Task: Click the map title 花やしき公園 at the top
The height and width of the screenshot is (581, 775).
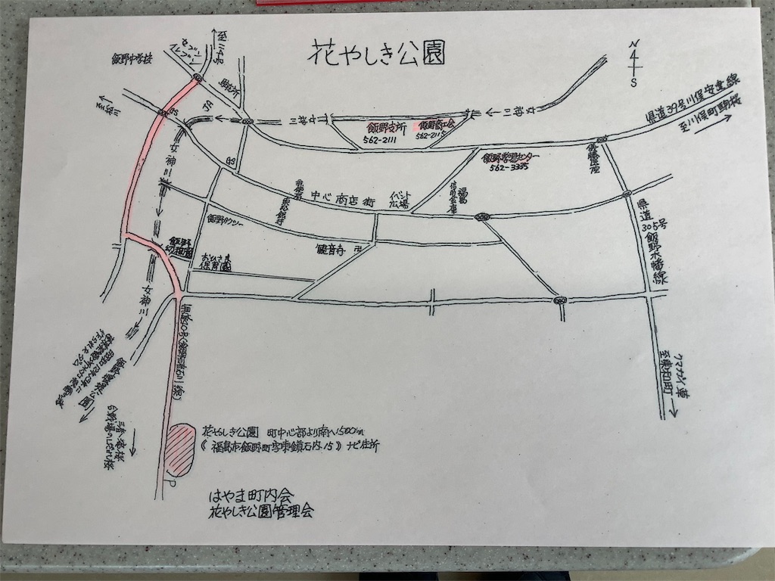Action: [376, 53]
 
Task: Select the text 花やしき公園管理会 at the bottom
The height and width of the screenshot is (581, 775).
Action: [260, 512]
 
